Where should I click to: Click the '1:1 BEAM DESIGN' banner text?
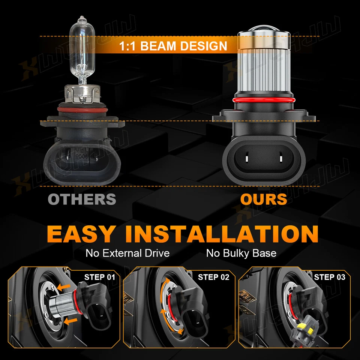click(173, 46)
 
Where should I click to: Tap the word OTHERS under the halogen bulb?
click(82, 199)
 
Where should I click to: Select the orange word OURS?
click(263, 199)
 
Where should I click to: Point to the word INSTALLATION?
click(222, 234)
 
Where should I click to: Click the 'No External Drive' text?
click(127, 253)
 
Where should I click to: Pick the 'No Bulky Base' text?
click(241, 253)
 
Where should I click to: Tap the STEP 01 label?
click(99, 277)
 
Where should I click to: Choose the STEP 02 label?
click(213, 277)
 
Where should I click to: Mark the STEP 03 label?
click(330, 277)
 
